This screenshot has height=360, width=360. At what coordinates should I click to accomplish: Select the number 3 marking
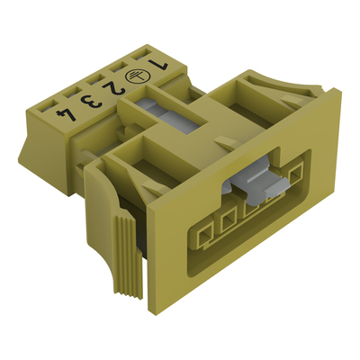(92, 101)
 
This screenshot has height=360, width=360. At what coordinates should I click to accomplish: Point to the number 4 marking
(67, 114)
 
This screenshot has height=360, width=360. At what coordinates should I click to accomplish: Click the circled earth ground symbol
(134, 76)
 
